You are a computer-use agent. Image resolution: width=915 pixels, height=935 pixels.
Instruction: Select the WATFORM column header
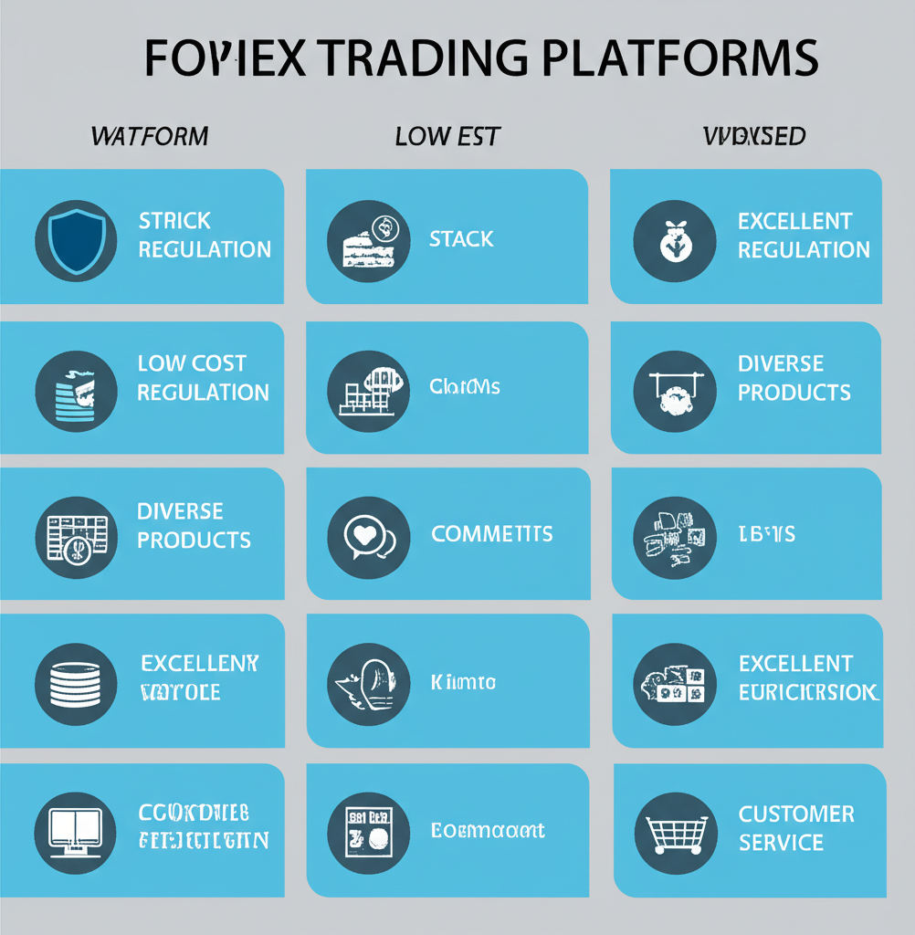point(150,137)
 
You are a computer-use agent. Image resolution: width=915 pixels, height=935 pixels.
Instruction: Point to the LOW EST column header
point(447,137)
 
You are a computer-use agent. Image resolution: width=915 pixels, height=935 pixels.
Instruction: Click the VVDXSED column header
point(754,137)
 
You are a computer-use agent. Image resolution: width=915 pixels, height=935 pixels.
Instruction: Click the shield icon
point(76,240)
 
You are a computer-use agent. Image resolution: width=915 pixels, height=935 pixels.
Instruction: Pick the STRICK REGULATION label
point(205,235)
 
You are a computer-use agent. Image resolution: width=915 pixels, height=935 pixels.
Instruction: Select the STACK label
point(461,239)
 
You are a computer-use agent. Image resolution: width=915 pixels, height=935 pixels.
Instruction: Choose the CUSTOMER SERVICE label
point(796,827)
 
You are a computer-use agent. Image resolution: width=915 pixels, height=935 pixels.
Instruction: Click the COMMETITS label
point(491,533)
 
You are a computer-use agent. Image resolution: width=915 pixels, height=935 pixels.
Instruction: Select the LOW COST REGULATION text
point(203,378)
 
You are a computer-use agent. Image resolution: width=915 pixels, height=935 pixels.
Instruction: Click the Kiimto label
point(463,681)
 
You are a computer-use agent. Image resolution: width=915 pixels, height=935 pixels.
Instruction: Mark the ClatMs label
point(465,386)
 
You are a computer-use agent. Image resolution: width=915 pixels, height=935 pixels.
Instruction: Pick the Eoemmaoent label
point(488,830)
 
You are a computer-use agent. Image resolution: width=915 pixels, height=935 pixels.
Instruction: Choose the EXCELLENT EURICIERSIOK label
point(808,678)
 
